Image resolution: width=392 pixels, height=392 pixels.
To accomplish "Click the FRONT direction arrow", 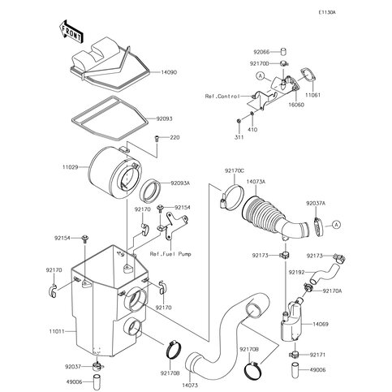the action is click(71, 31).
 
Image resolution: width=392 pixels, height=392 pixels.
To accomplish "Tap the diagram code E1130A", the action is click(326, 12).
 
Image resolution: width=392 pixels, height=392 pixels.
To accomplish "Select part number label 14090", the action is click(169, 72).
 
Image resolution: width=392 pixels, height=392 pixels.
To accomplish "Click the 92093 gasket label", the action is click(164, 118).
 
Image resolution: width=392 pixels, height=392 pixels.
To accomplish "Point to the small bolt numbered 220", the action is click(157, 139).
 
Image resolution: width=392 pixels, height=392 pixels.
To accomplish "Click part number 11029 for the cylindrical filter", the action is click(70, 167).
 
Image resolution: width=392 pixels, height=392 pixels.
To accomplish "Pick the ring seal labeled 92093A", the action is click(150, 192).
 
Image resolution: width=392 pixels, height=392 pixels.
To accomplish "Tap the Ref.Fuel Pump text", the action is click(170, 254).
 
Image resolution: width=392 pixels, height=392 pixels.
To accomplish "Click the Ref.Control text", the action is click(222, 97).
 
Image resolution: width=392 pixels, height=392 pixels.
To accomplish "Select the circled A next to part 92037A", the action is click(336, 225).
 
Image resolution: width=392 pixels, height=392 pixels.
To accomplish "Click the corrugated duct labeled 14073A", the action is click(274, 217).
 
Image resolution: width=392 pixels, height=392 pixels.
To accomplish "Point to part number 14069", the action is click(321, 324).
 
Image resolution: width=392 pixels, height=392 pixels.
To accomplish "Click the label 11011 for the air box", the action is click(57, 331).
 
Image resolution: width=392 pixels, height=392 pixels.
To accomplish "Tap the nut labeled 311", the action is click(239, 121).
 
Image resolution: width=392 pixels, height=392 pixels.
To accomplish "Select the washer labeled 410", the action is click(252, 114).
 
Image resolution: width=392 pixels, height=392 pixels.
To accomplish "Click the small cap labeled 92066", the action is click(282, 52).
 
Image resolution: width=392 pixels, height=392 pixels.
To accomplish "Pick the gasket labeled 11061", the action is click(308, 75).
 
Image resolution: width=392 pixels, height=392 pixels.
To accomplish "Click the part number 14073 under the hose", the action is click(190, 386).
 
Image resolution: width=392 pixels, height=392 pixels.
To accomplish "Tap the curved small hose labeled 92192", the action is click(325, 274).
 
